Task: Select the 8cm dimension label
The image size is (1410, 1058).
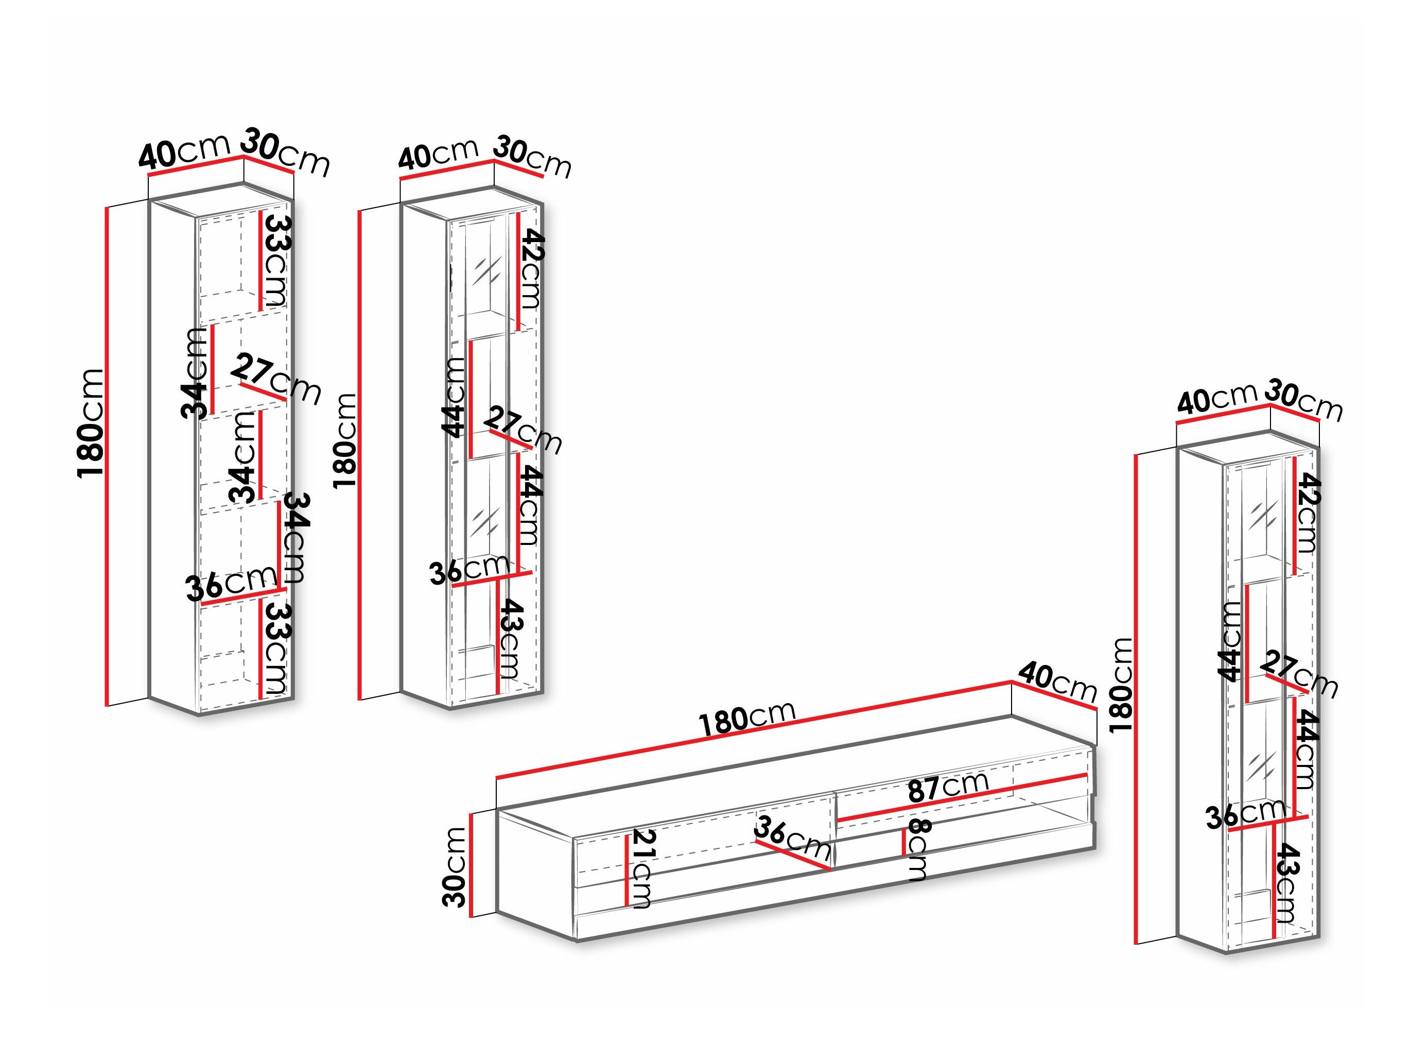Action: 918,849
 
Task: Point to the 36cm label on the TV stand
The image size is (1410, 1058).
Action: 792,839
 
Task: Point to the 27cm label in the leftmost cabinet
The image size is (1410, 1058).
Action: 276,380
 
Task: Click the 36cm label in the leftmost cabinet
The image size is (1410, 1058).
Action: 231,584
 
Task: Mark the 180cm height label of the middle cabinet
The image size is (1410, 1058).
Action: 345,441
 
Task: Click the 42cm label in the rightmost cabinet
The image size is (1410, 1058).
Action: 1307,514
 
